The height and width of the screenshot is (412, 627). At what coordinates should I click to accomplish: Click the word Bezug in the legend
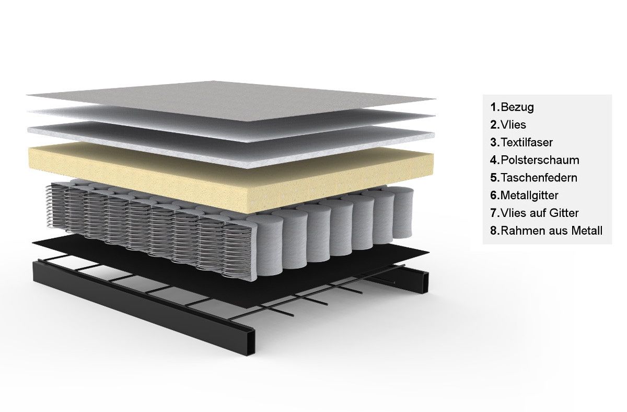coord(517,107)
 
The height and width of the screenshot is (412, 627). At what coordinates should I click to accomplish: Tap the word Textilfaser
coord(527,142)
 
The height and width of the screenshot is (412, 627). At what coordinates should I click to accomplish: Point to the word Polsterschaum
coord(540,160)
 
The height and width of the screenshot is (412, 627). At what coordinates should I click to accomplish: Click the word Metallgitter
coord(529,196)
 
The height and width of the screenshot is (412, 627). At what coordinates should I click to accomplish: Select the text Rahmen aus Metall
coord(551,231)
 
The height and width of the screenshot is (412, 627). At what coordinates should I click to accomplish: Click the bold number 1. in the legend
coord(495,107)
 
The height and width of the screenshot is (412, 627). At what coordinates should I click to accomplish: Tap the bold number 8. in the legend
coord(495,231)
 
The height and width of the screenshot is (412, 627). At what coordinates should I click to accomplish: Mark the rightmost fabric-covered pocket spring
coord(403,212)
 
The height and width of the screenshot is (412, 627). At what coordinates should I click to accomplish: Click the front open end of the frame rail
coord(251,342)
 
